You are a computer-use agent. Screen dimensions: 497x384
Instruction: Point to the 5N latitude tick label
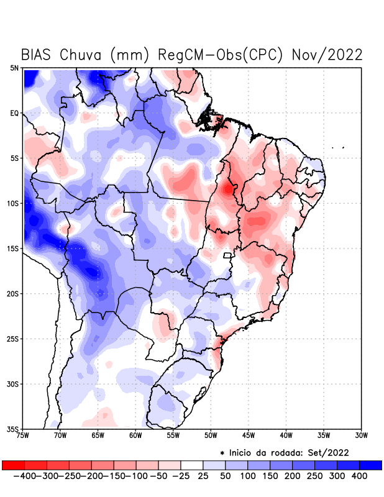tap(14, 68)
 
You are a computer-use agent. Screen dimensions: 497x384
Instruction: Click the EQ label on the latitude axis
tap(14, 113)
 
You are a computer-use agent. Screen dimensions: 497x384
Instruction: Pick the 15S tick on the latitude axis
tap(13, 248)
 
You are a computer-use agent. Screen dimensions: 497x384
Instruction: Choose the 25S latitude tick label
tap(13, 339)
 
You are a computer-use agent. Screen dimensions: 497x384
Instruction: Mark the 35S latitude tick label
tap(13, 429)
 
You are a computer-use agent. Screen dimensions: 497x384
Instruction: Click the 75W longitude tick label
tap(23, 435)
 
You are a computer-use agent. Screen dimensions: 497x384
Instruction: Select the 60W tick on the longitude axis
tap(136, 435)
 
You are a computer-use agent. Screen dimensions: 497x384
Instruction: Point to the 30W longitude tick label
tap(362, 435)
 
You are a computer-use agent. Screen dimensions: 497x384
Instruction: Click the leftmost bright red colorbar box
tap(13, 465)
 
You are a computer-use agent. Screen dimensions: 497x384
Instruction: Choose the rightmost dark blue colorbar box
tap(370, 465)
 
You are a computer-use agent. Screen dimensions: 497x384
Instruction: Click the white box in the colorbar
tap(192, 465)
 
